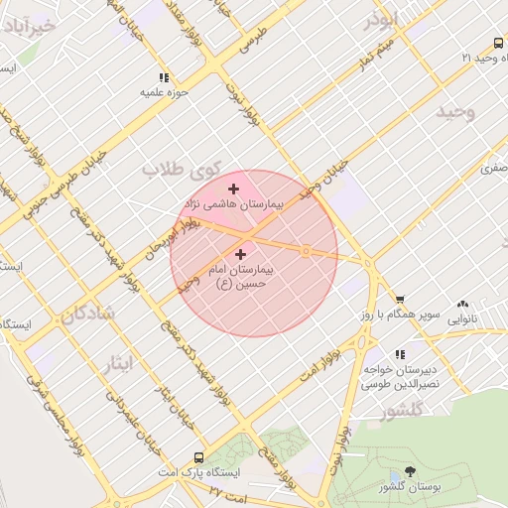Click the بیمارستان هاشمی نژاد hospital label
point(234,202)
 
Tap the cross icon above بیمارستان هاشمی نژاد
point(233,189)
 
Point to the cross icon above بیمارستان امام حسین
point(241,255)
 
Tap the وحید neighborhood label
point(456,111)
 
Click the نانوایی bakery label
point(462,319)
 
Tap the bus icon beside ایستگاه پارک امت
point(199,458)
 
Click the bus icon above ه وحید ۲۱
point(497,43)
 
